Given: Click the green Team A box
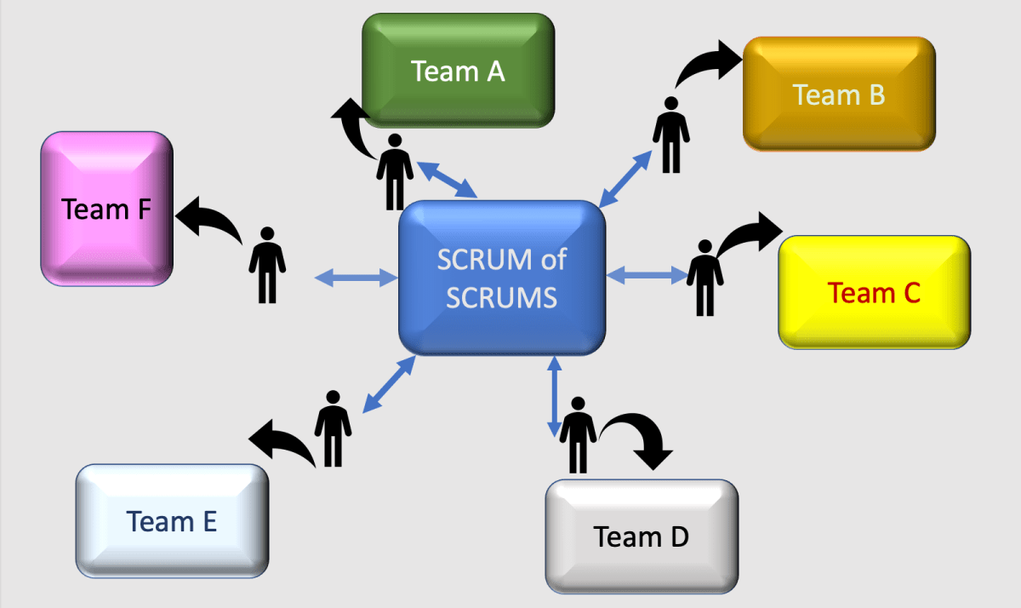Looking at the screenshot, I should (x=459, y=71).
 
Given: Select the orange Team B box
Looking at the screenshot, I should (x=839, y=95).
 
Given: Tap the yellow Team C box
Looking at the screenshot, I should (x=874, y=292).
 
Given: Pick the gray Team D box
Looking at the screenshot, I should (x=641, y=536).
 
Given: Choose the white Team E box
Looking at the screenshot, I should (x=172, y=521).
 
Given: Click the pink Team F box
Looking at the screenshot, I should (x=107, y=209).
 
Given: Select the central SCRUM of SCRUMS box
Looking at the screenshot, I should (x=502, y=278).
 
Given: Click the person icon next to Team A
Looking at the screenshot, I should (x=395, y=171).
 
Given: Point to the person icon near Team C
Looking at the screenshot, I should (x=704, y=277).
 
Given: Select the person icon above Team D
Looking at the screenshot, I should (x=579, y=434).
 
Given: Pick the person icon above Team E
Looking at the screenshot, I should (x=333, y=427).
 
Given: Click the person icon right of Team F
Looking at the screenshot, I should (x=267, y=265).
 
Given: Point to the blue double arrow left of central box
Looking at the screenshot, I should (x=356, y=277).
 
